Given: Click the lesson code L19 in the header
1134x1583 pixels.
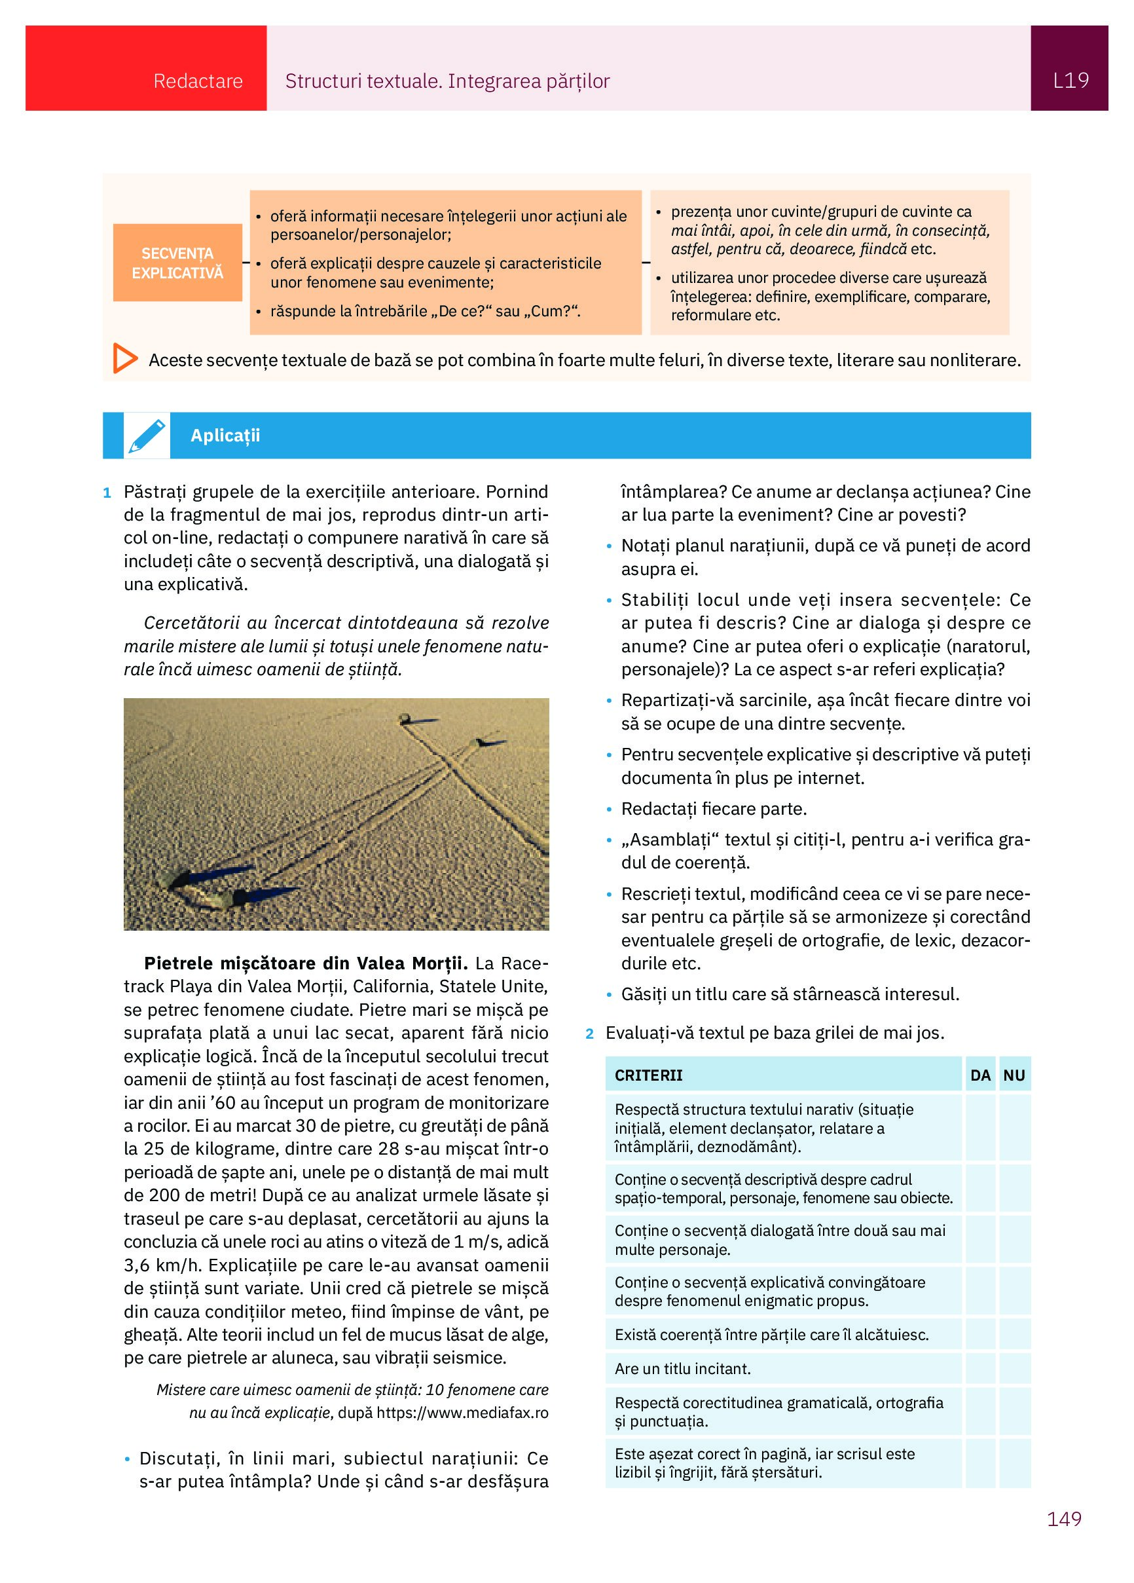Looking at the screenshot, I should (x=1070, y=81).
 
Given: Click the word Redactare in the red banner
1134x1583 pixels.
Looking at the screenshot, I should (x=198, y=82).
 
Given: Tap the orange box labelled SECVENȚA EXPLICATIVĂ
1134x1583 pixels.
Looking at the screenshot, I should (x=177, y=263).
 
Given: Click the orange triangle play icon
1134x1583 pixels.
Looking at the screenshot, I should (x=125, y=359).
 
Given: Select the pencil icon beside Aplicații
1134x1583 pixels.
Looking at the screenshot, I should (x=147, y=436).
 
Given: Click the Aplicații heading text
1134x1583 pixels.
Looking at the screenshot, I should (x=225, y=436).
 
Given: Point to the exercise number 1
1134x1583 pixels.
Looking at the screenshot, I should (x=107, y=493).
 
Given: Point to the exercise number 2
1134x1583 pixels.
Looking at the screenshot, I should (x=590, y=1034).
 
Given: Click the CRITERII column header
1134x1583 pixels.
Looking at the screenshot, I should (x=648, y=1075).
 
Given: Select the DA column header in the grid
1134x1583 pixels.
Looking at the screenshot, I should (x=979, y=1075).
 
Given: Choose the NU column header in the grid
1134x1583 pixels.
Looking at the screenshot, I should (x=1014, y=1075).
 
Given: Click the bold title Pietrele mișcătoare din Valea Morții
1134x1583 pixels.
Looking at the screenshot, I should (x=306, y=963).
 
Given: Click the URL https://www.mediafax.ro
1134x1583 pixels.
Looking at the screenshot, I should (x=462, y=1413).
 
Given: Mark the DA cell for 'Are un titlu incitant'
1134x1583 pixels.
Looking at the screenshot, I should (x=979, y=1369).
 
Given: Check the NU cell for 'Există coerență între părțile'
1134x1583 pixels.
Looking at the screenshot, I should (x=1014, y=1335).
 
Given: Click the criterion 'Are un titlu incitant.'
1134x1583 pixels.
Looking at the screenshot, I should (x=682, y=1369).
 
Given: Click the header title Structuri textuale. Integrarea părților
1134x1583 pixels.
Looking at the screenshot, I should (x=447, y=82).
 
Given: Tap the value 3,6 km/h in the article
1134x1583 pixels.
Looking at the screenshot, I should (x=161, y=1265).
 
